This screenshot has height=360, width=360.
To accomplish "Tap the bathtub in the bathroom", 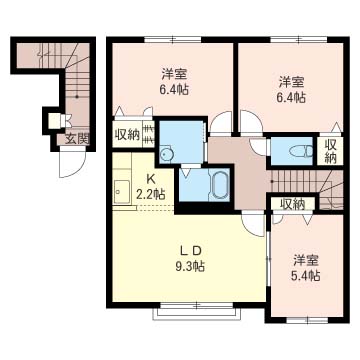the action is (219, 185).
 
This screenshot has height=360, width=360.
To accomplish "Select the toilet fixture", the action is (301, 152).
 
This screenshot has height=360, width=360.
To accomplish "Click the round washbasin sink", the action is (165, 154).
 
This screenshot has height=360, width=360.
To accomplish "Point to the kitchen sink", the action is (121, 192).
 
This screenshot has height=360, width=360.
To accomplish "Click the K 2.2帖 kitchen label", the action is (151, 187).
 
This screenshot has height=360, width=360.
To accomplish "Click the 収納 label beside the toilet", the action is (330, 151).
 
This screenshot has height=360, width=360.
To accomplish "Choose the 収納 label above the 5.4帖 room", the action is (292, 204).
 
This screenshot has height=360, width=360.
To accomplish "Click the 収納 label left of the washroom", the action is (128, 135).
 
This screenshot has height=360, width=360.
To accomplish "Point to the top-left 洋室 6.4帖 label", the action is (174, 81).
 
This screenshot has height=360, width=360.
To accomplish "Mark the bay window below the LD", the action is (196, 311).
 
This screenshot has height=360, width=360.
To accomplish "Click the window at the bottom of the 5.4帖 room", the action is (307, 320).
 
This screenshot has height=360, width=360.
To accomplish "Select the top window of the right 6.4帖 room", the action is (299, 40).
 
